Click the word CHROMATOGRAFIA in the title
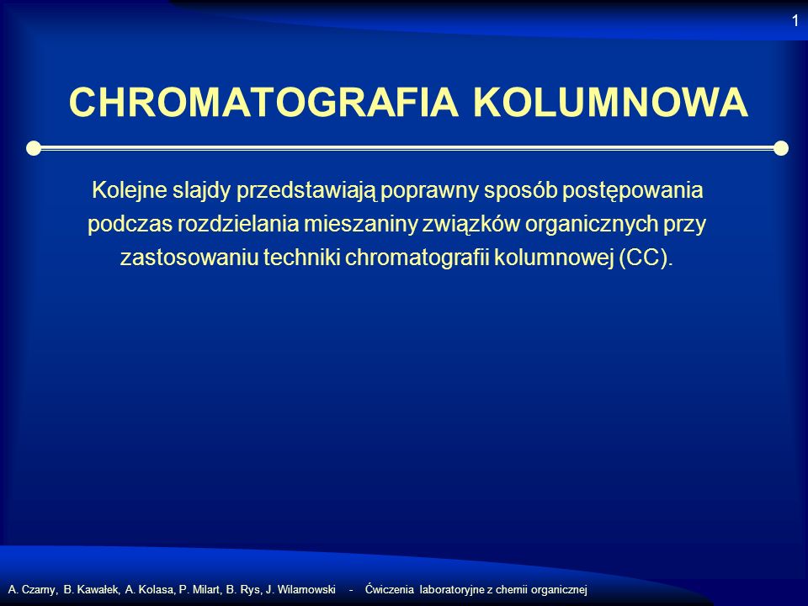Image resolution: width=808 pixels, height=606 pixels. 263,103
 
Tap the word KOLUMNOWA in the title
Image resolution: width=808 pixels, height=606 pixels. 611,103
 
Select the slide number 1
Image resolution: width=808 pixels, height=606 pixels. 795,20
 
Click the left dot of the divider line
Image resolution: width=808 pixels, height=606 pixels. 34,148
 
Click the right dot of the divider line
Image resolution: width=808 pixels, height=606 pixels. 781,148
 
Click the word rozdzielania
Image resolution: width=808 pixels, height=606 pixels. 238,224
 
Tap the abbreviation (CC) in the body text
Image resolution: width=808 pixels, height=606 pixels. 643,258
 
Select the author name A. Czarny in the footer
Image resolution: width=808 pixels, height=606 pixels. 32,589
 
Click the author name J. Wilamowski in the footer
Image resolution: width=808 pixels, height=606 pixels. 301,589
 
